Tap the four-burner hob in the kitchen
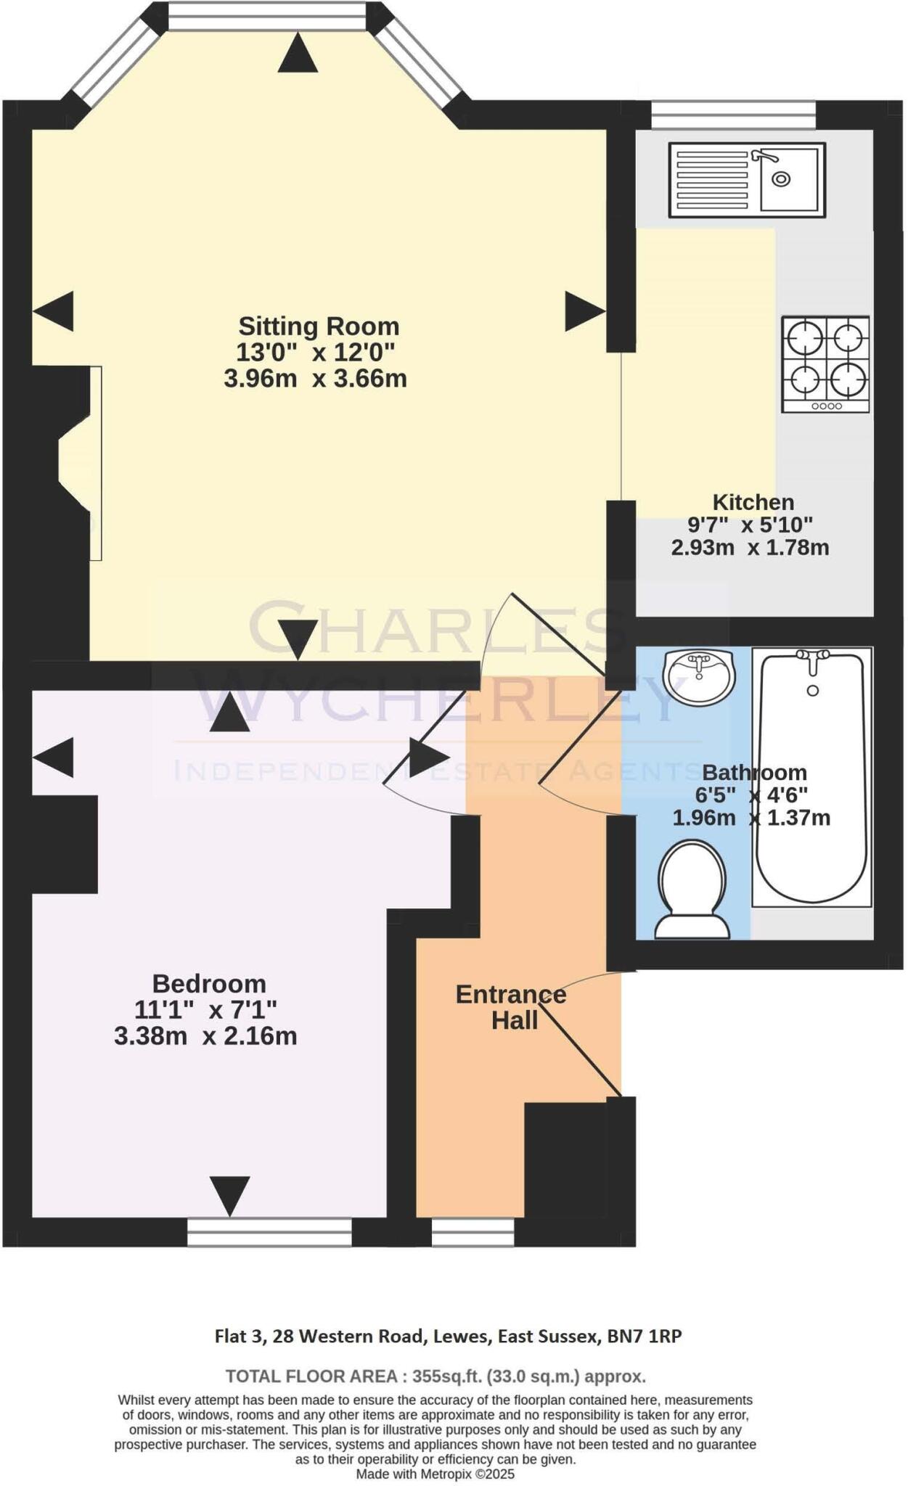coord(825,364)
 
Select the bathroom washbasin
coord(699,676)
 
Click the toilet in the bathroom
coord(692,890)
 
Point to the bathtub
coord(812,776)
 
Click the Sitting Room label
coord(319,327)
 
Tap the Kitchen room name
coord(753,502)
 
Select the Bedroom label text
coord(209,984)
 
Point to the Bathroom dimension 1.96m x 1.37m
coord(751,818)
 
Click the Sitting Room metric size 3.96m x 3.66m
coord(315,379)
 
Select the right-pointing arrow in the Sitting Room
coord(584,312)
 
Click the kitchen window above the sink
coord(733,115)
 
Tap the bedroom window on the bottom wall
coord(269,1232)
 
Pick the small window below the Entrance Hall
coord(473,1232)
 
